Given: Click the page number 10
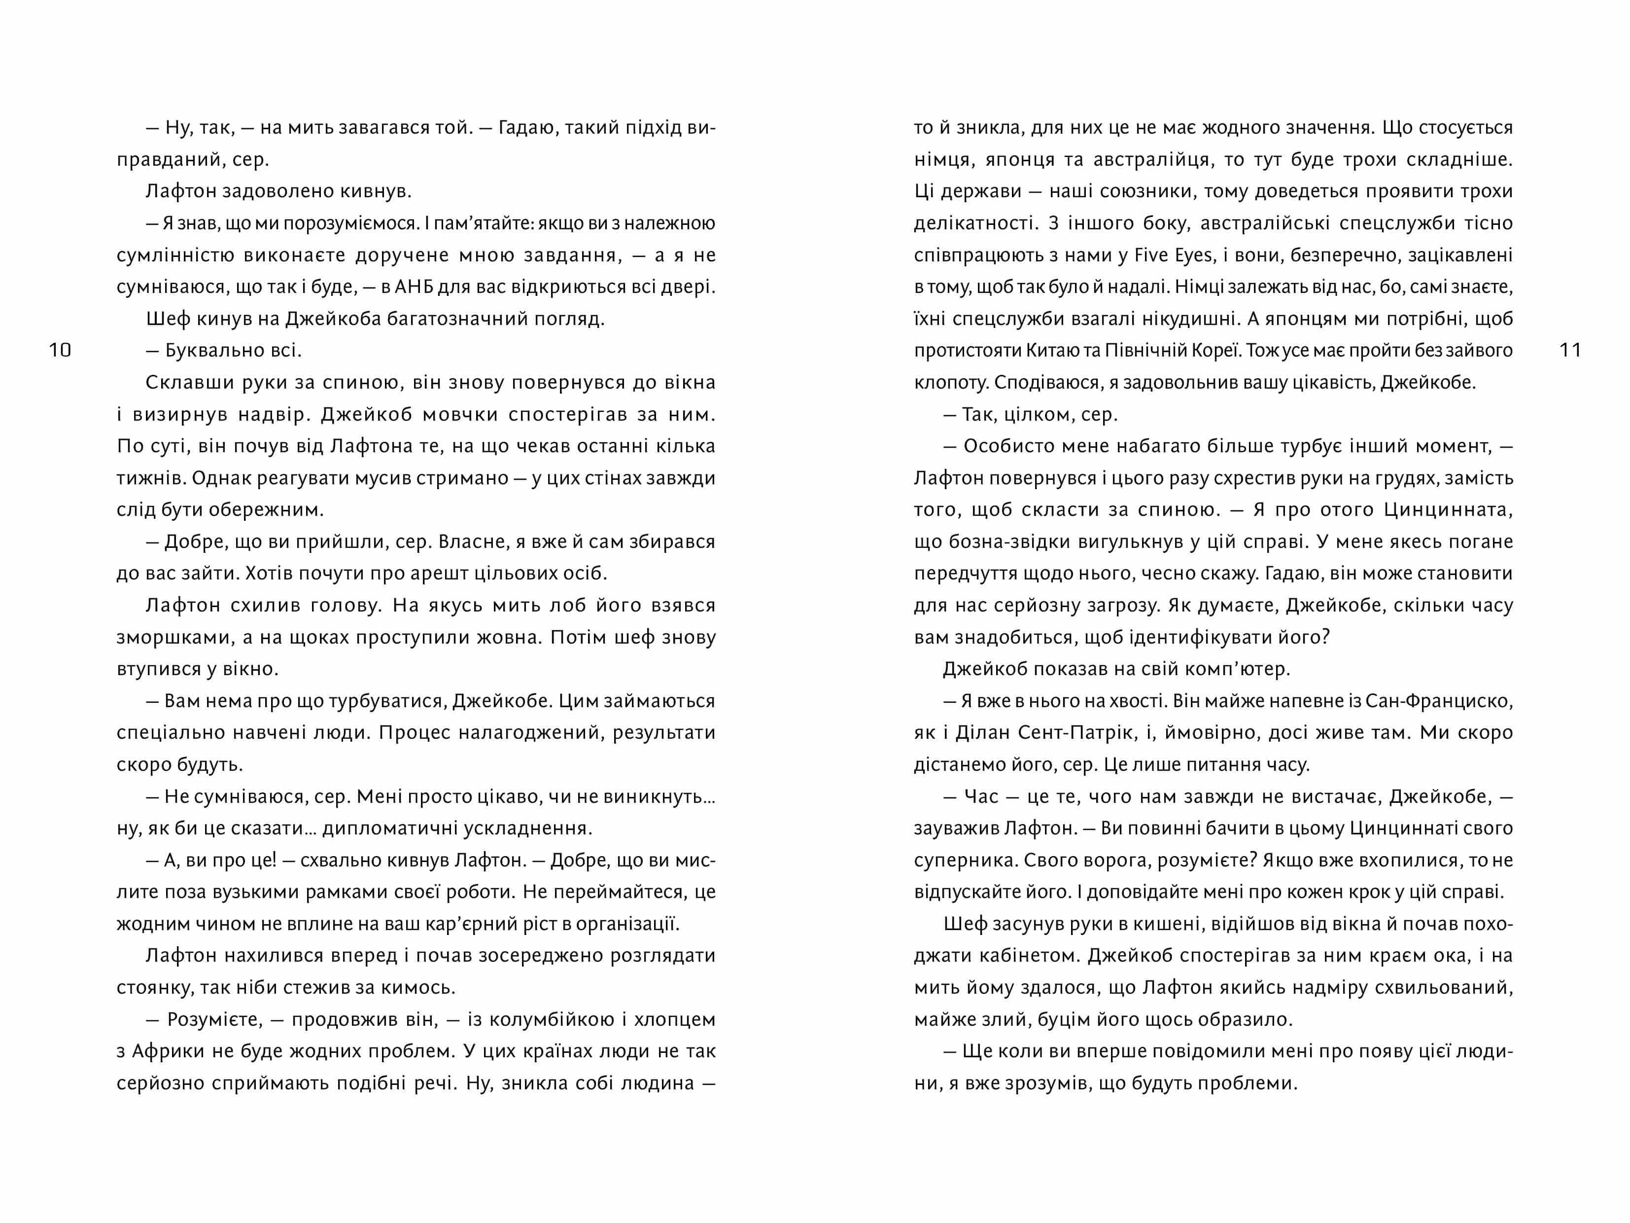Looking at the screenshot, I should click(x=60, y=350).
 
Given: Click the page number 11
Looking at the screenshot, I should click(x=1570, y=350).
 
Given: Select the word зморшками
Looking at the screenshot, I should click(x=164, y=638).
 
